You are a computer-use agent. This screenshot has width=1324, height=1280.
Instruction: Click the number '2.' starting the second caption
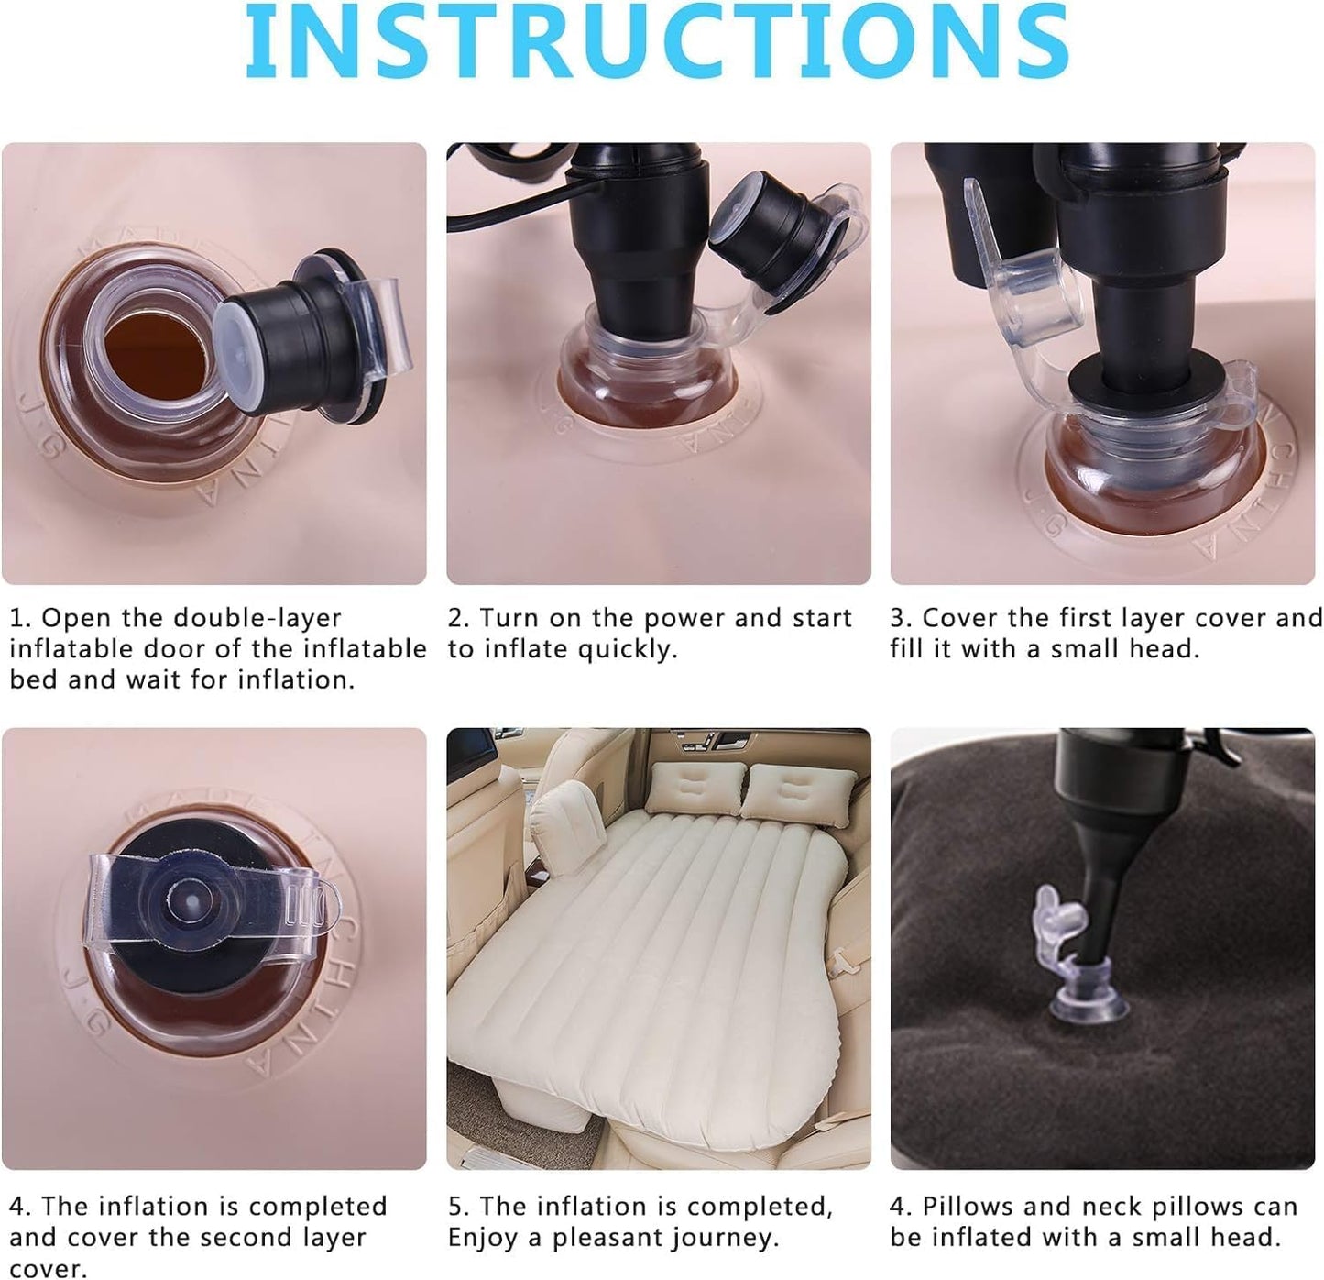click(x=458, y=619)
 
